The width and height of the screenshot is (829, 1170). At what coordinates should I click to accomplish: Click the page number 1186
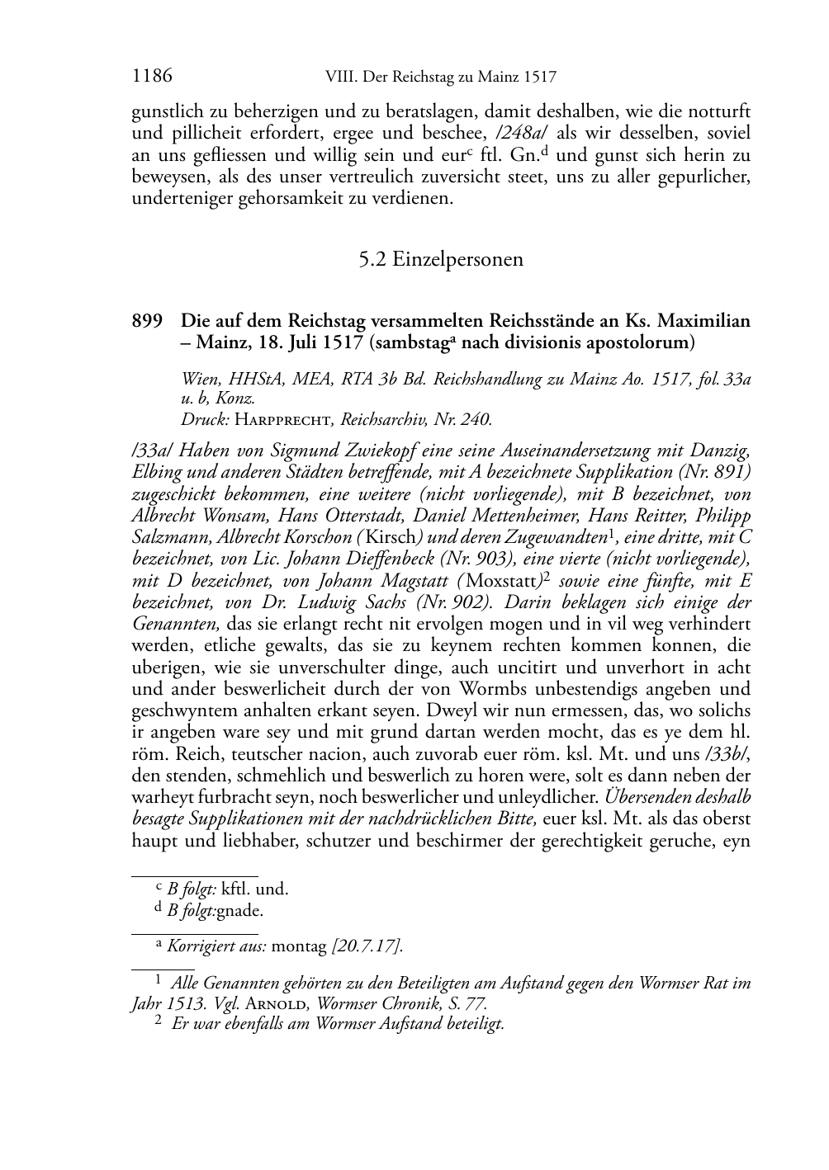click(x=152, y=77)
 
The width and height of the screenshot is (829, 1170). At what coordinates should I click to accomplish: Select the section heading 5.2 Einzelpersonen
click(x=441, y=259)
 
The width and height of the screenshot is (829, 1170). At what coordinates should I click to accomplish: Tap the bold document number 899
click(x=148, y=321)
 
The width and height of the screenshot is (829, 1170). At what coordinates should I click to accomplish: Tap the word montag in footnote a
click(x=300, y=946)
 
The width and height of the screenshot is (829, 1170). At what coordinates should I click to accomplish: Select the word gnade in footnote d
click(x=239, y=911)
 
